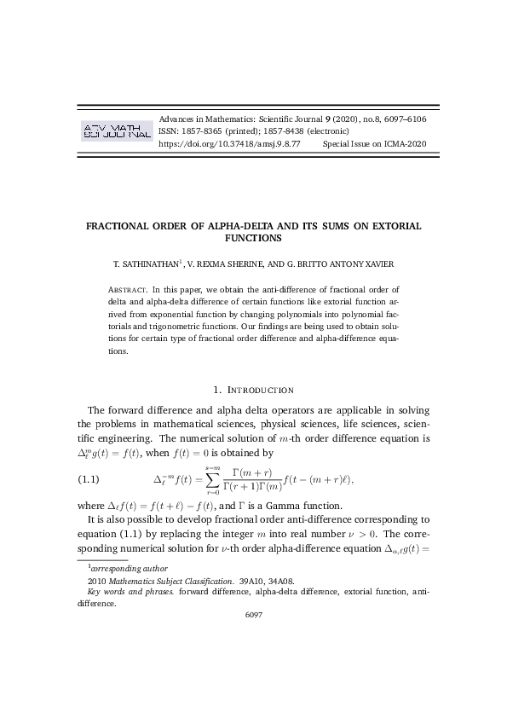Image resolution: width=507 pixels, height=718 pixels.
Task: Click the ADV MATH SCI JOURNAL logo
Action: (x=115, y=130)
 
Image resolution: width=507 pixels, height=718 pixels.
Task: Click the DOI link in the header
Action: (x=230, y=145)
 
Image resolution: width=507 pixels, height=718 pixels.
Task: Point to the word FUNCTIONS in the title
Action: (x=253, y=239)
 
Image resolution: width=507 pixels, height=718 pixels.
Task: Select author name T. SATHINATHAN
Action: (x=152, y=265)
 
